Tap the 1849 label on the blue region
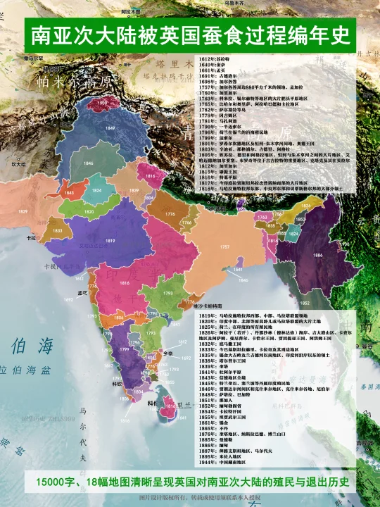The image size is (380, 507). [x=110, y=129]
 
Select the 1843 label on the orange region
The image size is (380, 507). [x=68, y=192]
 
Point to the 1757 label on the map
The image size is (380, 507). [x=226, y=247]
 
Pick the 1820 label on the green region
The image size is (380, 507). [x=89, y=211]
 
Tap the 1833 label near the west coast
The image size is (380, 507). [x=58, y=230]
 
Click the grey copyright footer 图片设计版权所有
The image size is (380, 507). [x=190, y=499]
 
